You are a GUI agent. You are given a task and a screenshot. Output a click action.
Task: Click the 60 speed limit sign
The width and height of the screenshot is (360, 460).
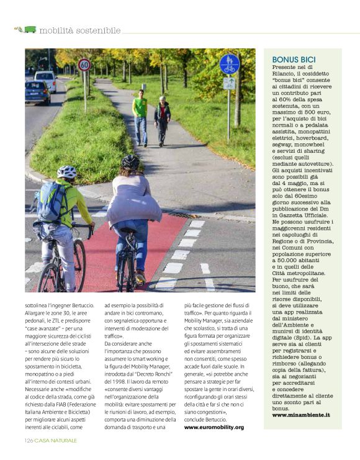84,65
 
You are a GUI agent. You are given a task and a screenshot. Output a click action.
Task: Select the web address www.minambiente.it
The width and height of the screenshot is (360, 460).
301,414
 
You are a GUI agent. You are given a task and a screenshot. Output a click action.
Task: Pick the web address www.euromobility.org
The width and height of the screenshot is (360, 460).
214,427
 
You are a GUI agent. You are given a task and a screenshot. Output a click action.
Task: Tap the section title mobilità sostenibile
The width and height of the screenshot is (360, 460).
79,30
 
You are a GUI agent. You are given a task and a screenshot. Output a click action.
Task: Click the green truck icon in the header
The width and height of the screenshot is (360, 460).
29,29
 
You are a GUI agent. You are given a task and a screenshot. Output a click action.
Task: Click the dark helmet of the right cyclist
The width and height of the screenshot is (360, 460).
130,162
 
